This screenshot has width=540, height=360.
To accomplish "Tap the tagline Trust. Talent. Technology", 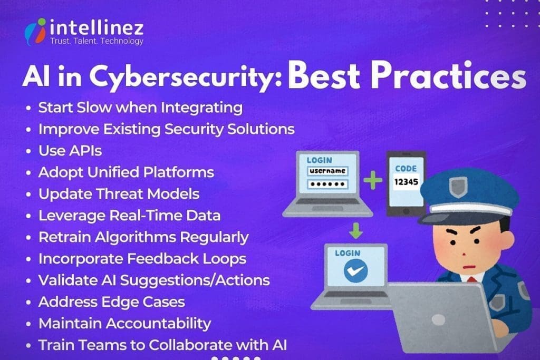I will (x=96, y=41).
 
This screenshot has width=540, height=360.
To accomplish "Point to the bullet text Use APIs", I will (x=70, y=151).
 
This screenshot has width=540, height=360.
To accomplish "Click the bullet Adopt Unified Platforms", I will (x=126, y=172).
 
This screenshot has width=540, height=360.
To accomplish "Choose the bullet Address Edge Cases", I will (x=111, y=302).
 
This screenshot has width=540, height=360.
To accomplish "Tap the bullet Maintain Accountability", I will (x=124, y=323).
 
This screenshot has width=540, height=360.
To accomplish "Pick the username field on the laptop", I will (x=327, y=171).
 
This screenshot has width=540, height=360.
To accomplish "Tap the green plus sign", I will (x=373, y=181).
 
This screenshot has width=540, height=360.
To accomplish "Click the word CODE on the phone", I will (x=406, y=169).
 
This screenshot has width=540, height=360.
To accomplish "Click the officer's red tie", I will (x=471, y=278).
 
